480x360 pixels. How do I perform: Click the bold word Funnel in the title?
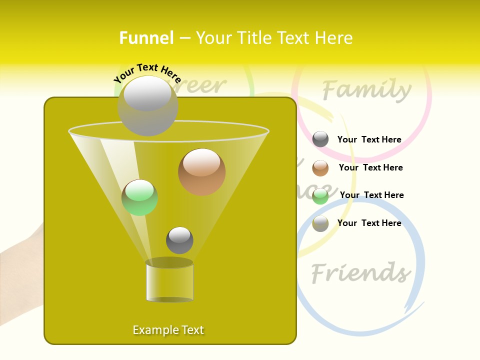146,38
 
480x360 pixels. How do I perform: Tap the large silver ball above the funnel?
148,106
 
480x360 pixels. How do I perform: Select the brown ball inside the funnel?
201,172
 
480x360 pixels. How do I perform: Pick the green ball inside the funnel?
139,197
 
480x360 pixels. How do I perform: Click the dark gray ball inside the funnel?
179,240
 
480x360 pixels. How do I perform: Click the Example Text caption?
168,330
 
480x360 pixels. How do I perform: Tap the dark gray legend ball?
320,139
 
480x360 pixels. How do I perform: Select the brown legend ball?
320,168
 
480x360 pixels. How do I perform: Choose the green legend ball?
320,196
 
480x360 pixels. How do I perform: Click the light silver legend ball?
320,223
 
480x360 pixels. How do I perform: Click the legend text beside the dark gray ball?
369,139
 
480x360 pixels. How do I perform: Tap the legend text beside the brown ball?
370,167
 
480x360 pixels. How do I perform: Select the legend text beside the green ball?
371,195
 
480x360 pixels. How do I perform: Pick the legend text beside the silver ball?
369,223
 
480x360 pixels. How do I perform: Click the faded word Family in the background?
366,90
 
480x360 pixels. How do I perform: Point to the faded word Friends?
360,273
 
